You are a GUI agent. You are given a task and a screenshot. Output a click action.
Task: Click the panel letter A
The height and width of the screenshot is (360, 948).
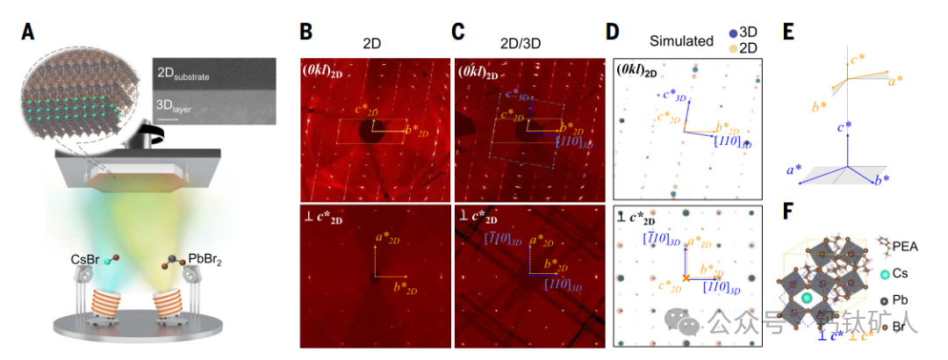click(x=29, y=32)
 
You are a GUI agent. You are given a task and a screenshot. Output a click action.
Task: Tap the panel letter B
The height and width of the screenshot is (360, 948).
click(x=306, y=32)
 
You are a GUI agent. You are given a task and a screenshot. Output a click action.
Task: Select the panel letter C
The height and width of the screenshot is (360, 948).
click(x=457, y=32)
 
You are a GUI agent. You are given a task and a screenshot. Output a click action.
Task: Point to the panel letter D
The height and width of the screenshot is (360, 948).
click(x=614, y=32)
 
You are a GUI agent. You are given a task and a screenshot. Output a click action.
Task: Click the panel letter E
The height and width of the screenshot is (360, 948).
click(x=789, y=32)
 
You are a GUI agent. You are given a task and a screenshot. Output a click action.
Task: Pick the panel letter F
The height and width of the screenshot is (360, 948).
click(x=789, y=213)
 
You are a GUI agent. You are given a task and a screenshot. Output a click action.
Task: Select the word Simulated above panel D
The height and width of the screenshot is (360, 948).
click(x=680, y=40)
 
